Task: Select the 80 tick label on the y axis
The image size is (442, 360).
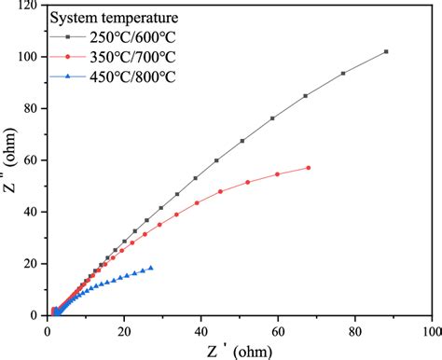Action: [x=33, y=108]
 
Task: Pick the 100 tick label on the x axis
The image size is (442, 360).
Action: [x=431, y=330]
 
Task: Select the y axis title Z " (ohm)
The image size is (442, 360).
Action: [x=9, y=160]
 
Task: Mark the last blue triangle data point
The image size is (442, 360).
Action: [x=151, y=268]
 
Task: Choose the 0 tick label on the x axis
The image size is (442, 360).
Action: [x=48, y=330]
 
